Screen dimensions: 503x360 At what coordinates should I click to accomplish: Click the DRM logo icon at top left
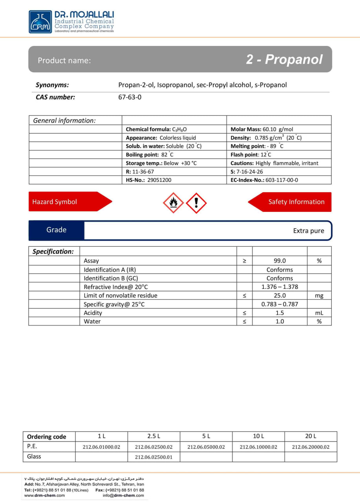click(x=40, y=22)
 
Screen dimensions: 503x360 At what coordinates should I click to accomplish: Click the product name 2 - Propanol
click(x=284, y=59)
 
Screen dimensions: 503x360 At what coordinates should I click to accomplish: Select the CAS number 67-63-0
click(x=130, y=97)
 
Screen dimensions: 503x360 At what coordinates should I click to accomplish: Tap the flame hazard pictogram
click(x=173, y=203)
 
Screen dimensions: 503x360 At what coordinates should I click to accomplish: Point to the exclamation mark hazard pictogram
click(x=196, y=203)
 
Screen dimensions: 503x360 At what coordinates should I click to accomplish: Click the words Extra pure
click(x=309, y=231)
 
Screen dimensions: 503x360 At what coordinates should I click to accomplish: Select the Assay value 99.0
click(x=280, y=261)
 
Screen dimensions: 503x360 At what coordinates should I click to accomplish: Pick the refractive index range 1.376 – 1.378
click(x=280, y=287)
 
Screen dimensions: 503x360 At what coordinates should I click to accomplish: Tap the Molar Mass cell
click(x=262, y=129)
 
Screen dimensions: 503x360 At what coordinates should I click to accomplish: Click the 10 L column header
click(x=258, y=436)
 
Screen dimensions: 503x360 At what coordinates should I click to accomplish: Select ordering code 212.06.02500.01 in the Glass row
click(x=154, y=457)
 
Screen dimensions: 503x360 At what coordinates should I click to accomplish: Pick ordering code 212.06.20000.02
click(x=311, y=447)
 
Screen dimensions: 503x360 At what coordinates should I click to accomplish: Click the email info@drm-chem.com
click(x=123, y=496)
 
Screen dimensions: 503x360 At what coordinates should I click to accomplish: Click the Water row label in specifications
click(x=92, y=321)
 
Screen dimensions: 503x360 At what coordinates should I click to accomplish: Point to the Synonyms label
click(x=52, y=85)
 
